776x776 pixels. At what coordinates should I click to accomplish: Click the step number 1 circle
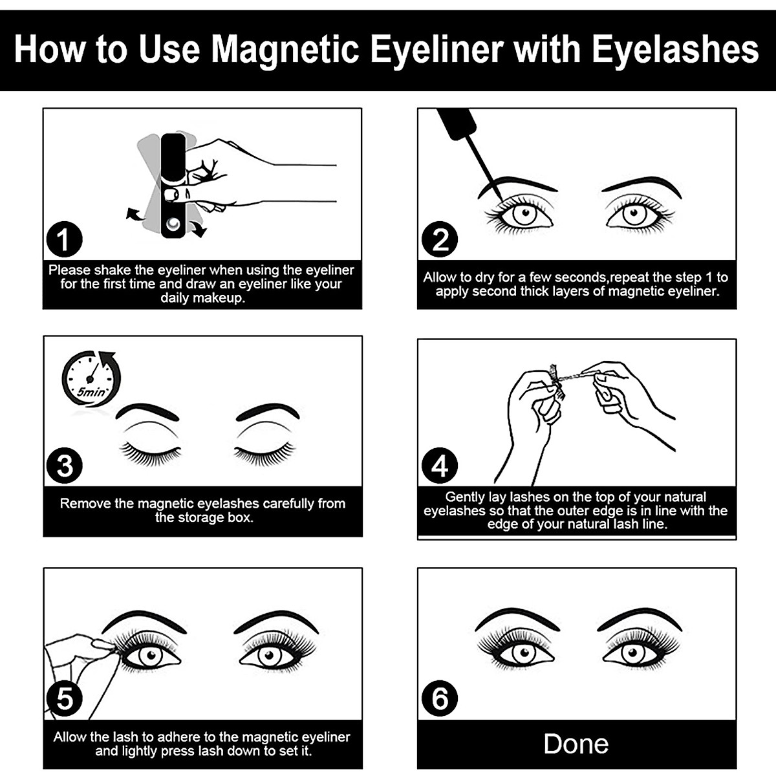coord(64,240)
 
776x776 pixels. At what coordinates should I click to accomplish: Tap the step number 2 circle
coord(440,240)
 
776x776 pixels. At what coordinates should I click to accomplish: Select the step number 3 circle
coord(64,466)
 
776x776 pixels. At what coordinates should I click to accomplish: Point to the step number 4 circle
coord(440,466)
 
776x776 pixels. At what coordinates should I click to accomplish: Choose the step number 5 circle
coord(64,699)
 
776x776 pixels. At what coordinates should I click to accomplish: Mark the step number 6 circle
coord(440,699)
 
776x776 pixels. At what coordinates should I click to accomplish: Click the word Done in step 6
coord(576,744)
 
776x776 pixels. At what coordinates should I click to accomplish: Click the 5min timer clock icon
coord(91,378)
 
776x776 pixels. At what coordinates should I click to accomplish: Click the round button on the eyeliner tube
coord(173,224)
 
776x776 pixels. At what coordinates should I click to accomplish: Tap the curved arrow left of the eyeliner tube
coord(135,215)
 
